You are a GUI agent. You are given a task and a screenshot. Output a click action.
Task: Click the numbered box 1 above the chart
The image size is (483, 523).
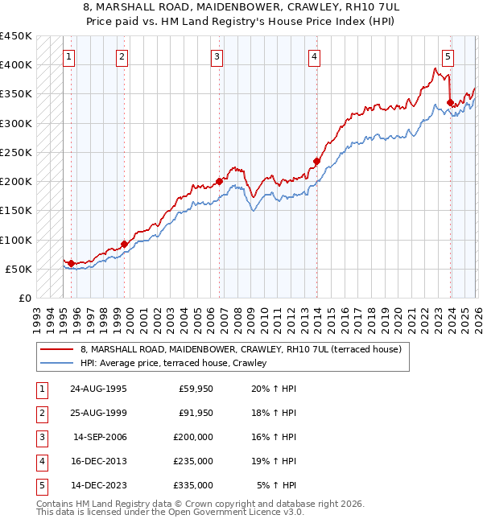pyautogui.click(x=70, y=56)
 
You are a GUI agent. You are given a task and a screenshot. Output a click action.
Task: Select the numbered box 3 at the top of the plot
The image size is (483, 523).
pyautogui.click(x=217, y=56)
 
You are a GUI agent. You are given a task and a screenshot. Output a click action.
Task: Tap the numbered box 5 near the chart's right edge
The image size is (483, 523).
pyautogui.click(x=448, y=56)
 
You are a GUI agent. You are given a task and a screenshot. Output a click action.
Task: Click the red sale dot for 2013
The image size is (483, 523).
pyautogui.click(x=316, y=161)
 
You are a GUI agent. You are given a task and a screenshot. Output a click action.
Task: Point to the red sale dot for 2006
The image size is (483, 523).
pyautogui.click(x=219, y=181)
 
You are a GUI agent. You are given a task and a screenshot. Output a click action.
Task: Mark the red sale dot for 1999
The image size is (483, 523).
pyautogui.click(x=124, y=244)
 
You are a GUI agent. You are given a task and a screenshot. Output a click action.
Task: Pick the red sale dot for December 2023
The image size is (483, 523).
pyautogui.click(x=449, y=102)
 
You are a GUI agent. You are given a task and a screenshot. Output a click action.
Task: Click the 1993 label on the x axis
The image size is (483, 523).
pyautogui.click(x=37, y=314)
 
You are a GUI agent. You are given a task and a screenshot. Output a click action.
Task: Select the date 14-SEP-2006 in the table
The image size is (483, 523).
pyautogui.click(x=100, y=437)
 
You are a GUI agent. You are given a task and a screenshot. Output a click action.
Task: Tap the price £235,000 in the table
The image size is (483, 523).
pyautogui.click(x=193, y=461)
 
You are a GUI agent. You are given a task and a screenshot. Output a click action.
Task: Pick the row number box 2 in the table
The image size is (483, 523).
pyautogui.click(x=40, y=413)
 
